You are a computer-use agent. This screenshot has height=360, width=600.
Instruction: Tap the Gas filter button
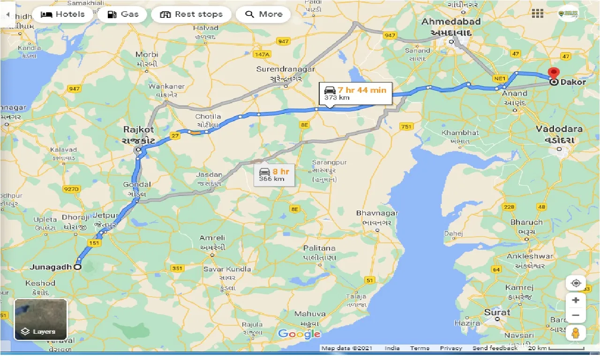pos(123,14)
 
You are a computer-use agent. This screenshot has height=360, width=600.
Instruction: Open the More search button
pos(263,14)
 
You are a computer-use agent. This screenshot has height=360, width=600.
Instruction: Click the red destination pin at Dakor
pos(554,75)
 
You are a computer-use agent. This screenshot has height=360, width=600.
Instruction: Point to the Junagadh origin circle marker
pos(77,267)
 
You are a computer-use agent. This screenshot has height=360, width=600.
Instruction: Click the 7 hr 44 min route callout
pos(354,93)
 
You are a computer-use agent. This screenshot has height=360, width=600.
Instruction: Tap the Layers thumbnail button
pos(41,319)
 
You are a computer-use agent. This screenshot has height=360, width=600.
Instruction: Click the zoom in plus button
pos(576,300)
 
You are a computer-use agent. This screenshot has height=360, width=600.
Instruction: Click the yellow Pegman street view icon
pos(576,333)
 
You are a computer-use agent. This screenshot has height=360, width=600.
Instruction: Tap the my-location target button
pos(576,283)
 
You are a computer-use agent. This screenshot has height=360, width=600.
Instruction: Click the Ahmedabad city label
pos(451,22)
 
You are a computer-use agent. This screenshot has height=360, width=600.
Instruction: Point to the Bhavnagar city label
pos(377,213)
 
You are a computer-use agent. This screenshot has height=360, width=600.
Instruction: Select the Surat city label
pos(497,312)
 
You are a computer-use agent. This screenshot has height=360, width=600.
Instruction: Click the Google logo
pos(299,334)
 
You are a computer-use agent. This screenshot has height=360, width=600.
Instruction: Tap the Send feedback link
pos(495,348)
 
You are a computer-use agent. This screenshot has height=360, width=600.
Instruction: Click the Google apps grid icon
pos(537,14)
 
